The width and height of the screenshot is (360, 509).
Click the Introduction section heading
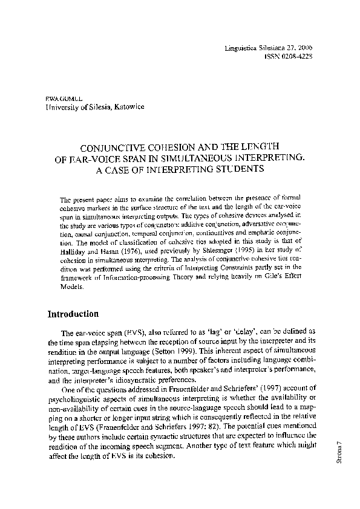click(73, 314)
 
